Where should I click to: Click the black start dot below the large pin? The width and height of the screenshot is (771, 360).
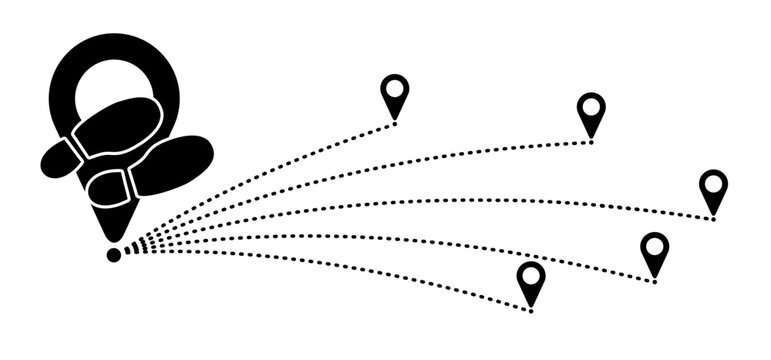tap(114, 255)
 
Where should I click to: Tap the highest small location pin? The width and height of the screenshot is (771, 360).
tap(395, 96)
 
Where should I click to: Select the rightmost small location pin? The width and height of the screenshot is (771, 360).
tap(713, 191)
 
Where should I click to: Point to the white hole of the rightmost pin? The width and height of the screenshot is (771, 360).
tap(713, 185)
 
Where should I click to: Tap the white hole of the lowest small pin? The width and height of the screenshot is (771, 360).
tap(531, 275)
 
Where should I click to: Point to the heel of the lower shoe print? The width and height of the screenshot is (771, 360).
tap(110, 186)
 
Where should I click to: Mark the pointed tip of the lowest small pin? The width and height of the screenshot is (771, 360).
tap(531, 306)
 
